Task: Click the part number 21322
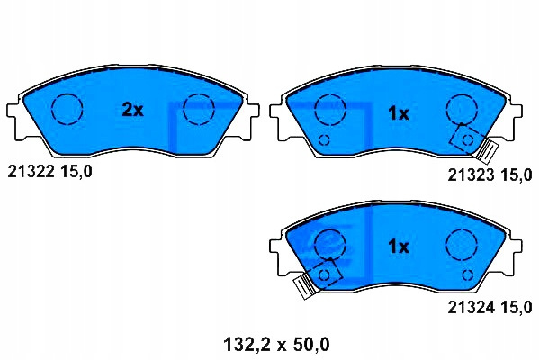click(31, 171)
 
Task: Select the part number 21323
click(471, 175)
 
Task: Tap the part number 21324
click(471, 307)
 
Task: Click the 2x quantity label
click(132, 110)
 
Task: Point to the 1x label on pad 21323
click(399, 113)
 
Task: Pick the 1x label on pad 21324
click(399, 246)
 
